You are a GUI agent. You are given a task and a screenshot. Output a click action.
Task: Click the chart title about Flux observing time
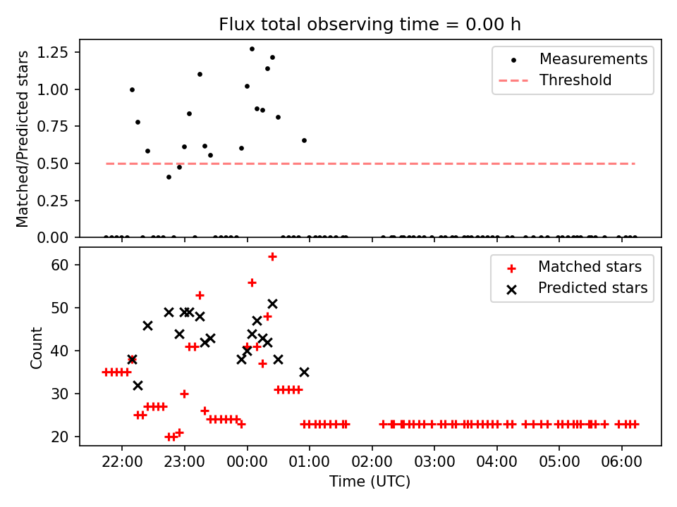pos(370,25)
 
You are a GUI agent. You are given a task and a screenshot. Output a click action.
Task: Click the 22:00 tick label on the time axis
pos(122,464)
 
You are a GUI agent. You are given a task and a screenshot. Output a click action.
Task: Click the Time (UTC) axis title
pos(370,482)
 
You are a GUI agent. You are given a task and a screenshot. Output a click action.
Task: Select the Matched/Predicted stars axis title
pos(23,139)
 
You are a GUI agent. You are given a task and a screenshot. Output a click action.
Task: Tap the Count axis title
pos(36,347)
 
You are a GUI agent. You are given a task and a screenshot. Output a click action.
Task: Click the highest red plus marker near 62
pos(272,256)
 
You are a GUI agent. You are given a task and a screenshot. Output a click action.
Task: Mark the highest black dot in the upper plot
pos(252,49)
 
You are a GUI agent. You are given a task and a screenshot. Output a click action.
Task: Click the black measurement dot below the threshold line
pos(169,177)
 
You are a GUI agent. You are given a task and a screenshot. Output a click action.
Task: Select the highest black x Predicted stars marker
pos(272,303)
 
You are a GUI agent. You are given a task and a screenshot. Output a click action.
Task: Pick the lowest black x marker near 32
pos(138,385)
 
